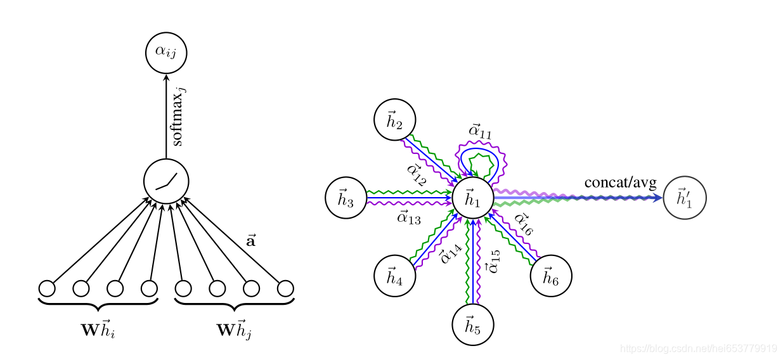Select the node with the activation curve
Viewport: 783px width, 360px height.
coord(166,182)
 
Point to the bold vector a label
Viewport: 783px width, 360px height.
coord(251,241)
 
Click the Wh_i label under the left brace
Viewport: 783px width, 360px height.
coord(98,330)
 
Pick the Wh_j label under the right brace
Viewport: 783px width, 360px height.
coord(234,330)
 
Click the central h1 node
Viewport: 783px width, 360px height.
coord(473,198)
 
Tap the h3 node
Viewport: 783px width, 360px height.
coord(346,198)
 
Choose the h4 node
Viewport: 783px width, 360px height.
coord(395,276)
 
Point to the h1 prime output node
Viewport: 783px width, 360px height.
coord(685,198)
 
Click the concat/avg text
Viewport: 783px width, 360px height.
coord(621,183)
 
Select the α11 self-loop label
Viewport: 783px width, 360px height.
coord(480,132)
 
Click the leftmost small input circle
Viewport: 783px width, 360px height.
coord(47,288)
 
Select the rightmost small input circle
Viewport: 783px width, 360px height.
coord(285,288)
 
